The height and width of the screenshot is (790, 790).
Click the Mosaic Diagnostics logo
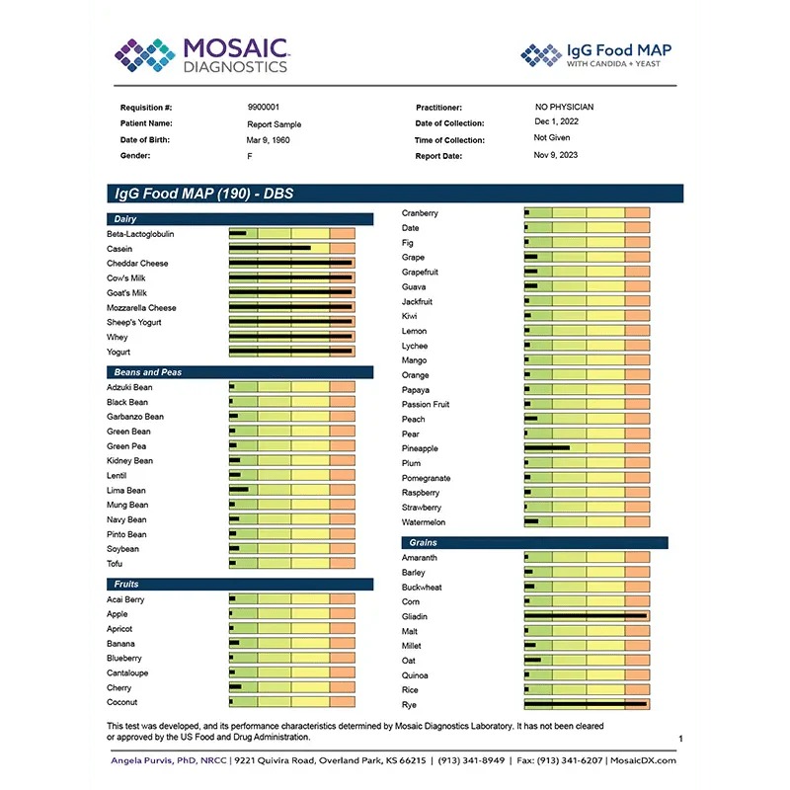(201, 55)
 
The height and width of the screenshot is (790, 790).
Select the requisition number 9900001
(263, 107)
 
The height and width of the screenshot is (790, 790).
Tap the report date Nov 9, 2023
(556, 155)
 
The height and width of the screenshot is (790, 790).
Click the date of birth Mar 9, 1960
(269, 140)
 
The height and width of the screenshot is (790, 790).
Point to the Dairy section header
(125, 219)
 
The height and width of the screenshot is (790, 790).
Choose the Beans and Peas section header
(148, 372)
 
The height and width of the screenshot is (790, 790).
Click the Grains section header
(422, 543)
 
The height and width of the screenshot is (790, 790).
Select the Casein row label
(119, 249)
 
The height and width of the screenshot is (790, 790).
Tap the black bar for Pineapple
(547, 448)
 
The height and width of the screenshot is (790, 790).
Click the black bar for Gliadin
(585, 616)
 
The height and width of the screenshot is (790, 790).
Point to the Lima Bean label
(126, 491)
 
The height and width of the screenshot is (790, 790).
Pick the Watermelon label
(424, 522)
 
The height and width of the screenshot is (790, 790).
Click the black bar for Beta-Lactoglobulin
(238, 234)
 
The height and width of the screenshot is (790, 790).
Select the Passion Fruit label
(426, 405)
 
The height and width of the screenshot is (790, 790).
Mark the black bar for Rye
(585, 705)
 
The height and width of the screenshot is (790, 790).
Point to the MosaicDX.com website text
(644, 760)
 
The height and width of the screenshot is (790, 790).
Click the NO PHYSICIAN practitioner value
(565, 107)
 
